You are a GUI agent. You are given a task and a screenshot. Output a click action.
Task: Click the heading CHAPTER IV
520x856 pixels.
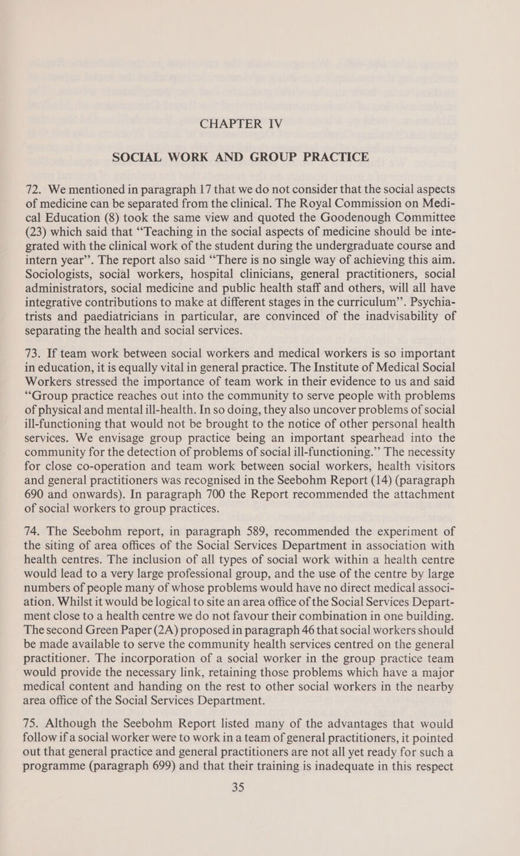(x=260, y=121)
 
